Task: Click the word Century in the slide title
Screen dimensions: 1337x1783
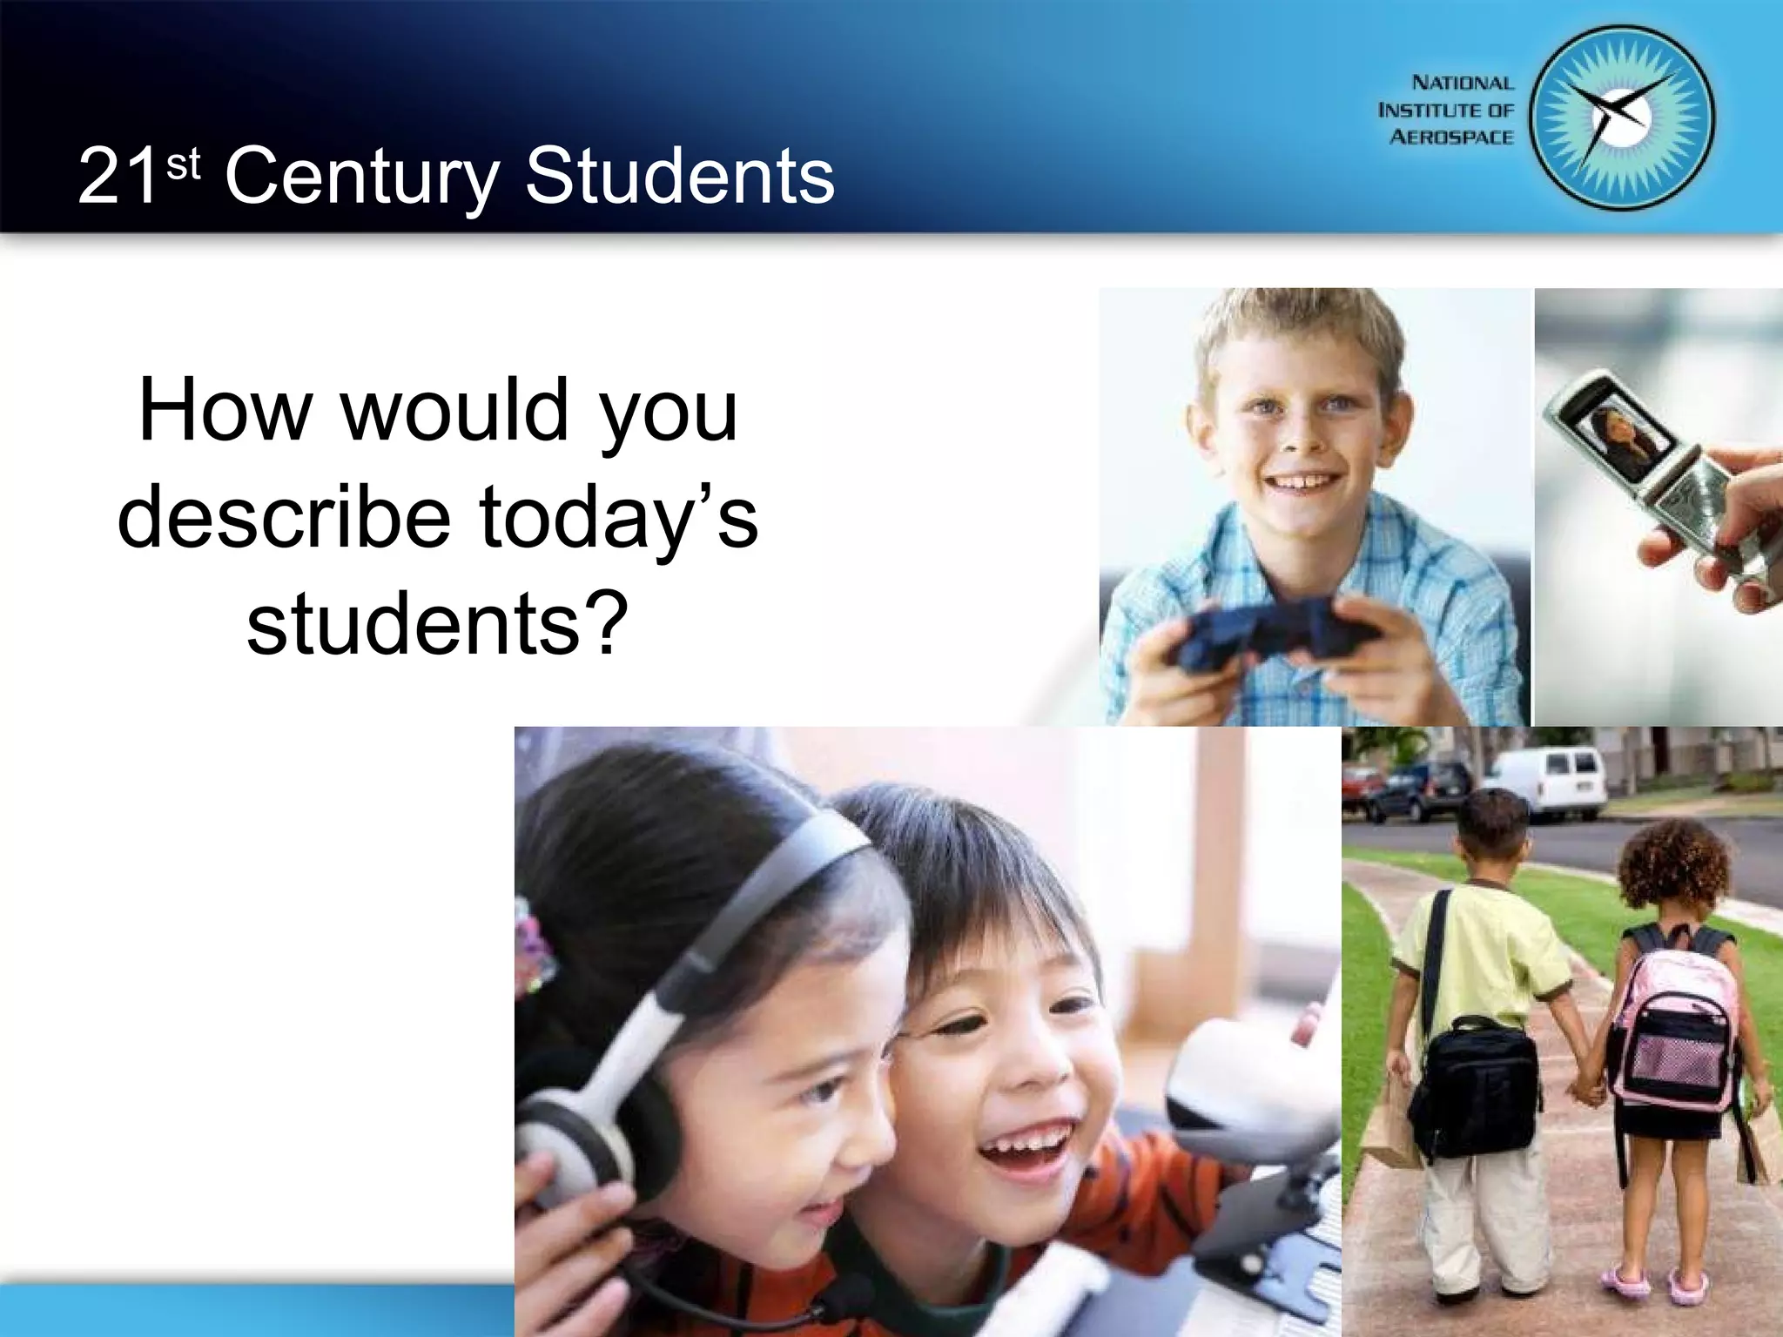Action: point(361,177)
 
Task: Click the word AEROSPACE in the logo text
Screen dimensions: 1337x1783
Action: point(1451,138)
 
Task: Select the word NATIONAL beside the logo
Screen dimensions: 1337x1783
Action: point(1463,84)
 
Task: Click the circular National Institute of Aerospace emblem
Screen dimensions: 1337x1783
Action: point(1621,118)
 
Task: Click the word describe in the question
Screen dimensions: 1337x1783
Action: point(284,518)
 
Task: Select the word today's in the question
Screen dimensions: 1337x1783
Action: point(618,518)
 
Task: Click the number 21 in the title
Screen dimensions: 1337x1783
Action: point(118,177)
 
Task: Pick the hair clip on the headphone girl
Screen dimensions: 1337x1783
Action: point(533,949)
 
